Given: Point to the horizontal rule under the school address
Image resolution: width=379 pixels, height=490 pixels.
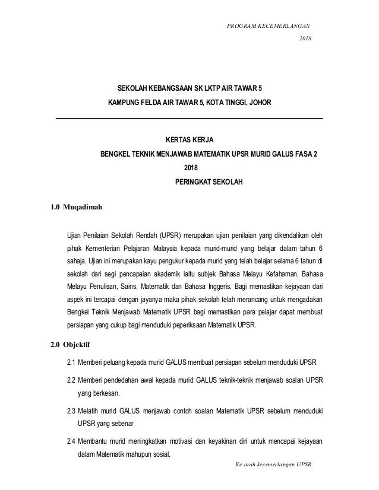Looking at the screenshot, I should tap(189, 119).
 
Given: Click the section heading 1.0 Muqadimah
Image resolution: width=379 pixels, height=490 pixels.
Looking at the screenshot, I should tap(77, 207).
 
